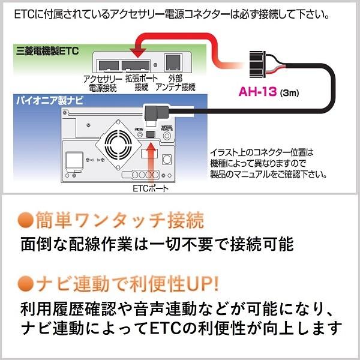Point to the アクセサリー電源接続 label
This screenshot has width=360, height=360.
[x=100, y=83]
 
